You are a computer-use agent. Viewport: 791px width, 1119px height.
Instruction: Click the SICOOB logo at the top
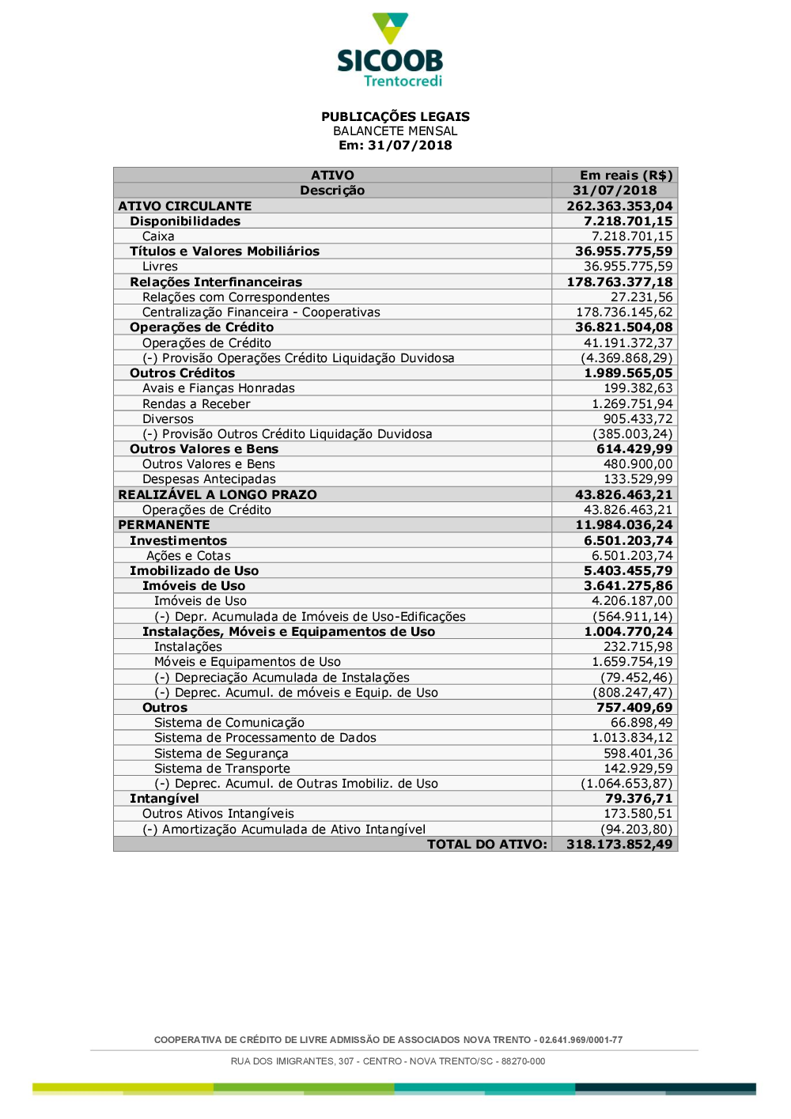(x=390, y=50)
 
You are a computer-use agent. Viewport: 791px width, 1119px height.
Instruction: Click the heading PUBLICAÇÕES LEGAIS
(x=395, y=116)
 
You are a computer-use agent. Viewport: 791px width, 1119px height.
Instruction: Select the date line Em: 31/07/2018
(x=395, y=146)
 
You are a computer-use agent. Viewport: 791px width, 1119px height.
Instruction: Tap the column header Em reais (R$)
(x=626, y=176)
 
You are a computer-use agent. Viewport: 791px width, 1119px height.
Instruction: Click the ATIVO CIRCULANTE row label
(x=185, y=206)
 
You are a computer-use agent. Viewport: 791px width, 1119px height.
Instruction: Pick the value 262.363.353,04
(x=619, y=206)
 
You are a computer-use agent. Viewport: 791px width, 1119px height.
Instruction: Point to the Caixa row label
(x=158, y=236)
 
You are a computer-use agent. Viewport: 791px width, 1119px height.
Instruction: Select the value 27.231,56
(x=642, y=297)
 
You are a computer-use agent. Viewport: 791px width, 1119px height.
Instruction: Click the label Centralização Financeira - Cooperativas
(x=261, y=312)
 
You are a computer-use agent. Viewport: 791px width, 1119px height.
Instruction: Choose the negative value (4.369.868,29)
(x=626, y=358)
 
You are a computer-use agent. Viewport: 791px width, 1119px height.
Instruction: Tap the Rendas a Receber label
(x=196, y=404)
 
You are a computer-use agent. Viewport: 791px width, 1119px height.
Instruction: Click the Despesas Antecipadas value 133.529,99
(x=638, y=479)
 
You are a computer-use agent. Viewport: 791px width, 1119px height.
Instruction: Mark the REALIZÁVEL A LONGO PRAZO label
(x=218, y=495)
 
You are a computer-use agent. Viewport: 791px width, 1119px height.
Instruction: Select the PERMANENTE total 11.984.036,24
(x=623, y=525)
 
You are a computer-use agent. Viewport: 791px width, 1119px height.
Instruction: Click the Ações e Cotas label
(x=188, y=556)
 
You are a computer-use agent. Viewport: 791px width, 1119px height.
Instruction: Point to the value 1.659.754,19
(x=632, y=662)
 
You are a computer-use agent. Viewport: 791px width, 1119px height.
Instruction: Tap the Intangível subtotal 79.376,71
(x=638, y=799)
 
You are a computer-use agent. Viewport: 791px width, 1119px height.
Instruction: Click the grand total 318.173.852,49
(x=619, y=845)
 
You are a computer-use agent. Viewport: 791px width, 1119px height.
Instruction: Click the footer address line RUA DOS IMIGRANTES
(x=388, y=1061)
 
